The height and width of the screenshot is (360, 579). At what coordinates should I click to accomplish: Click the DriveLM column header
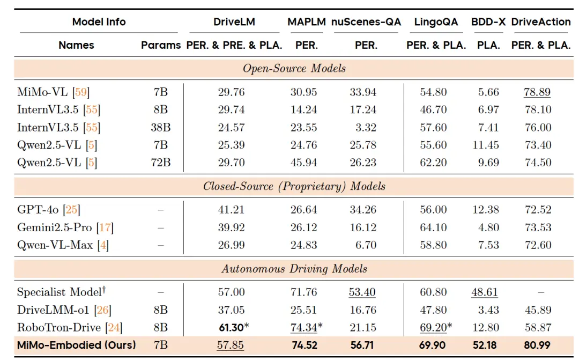tap(234, 22)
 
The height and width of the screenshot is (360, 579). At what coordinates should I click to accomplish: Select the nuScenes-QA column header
tap(366, 22)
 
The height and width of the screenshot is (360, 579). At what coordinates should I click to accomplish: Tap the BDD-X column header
tap(488, 22)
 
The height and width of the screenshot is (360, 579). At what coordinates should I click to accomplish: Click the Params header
tap(161, 46)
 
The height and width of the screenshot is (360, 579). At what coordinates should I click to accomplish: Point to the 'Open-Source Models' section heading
tap(294, 69)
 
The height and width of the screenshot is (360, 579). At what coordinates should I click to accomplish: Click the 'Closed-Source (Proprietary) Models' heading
tap(294, 187)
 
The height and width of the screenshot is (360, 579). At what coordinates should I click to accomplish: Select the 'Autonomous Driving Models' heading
tap(294, 269)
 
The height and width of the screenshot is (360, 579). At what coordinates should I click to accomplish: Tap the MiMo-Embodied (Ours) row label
tap(77, 345)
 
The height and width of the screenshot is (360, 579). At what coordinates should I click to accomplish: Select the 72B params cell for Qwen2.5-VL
tap(161, 163)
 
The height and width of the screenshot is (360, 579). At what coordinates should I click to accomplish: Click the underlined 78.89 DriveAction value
tap(537, 92)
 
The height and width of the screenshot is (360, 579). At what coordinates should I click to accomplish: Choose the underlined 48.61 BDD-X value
tap(485, 292)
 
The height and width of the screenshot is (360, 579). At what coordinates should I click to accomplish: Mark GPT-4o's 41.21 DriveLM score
tap(231, 210)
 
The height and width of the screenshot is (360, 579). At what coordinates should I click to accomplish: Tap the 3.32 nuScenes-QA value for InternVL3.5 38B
tap(368, 128)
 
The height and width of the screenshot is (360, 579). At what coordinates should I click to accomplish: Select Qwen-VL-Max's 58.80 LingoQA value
tap(433, 245)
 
